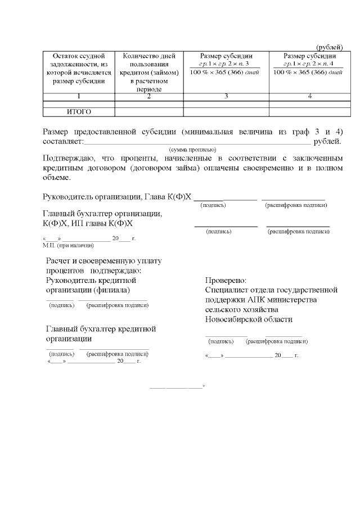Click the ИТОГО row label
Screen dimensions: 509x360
[79, 111]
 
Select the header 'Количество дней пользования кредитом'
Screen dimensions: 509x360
[148, 72]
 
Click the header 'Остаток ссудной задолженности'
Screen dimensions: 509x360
[79, 68]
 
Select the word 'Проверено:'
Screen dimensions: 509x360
[226, 280]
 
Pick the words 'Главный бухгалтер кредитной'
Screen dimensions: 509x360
[101, 329]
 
